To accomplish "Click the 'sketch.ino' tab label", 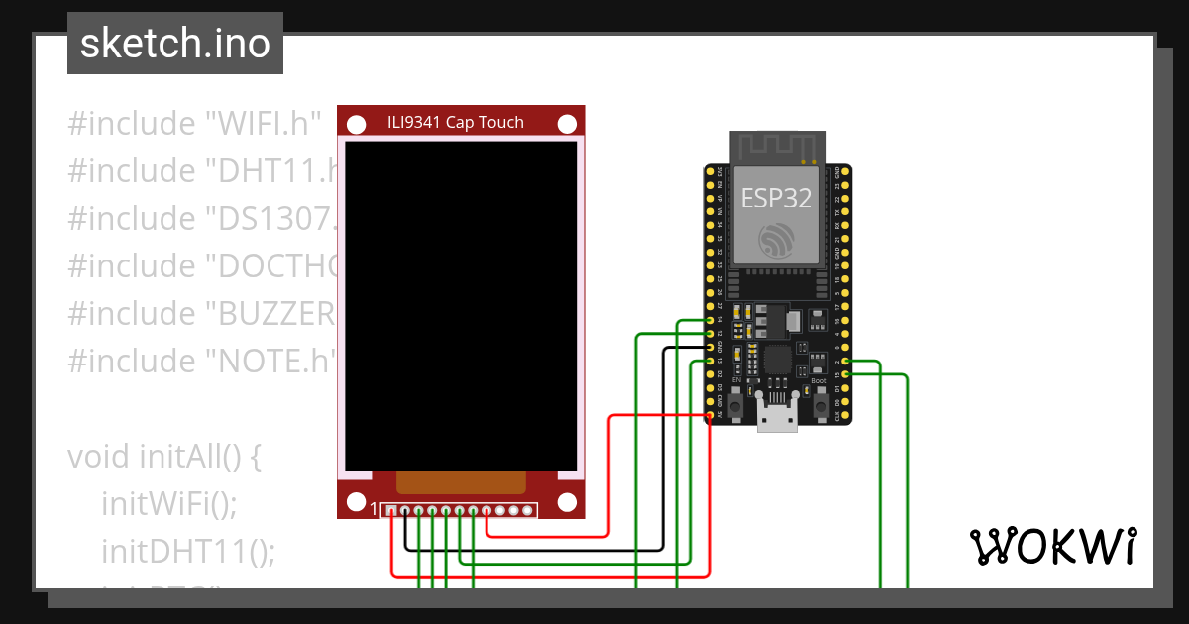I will [174, 44].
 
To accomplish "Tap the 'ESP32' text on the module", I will [777, 197].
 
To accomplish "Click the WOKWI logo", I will [1051, 546].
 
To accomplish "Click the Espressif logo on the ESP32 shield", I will [777, 241].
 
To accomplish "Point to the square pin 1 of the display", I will [391, 511].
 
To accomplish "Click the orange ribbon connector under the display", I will [461, 482].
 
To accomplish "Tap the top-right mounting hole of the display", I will [567, 124].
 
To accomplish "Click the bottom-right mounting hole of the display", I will [567, 502].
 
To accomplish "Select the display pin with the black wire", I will [405, 511].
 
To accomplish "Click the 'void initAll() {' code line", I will [164, 457].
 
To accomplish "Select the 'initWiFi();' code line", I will [169, 503].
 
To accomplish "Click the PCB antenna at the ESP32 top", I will [778, 147].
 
